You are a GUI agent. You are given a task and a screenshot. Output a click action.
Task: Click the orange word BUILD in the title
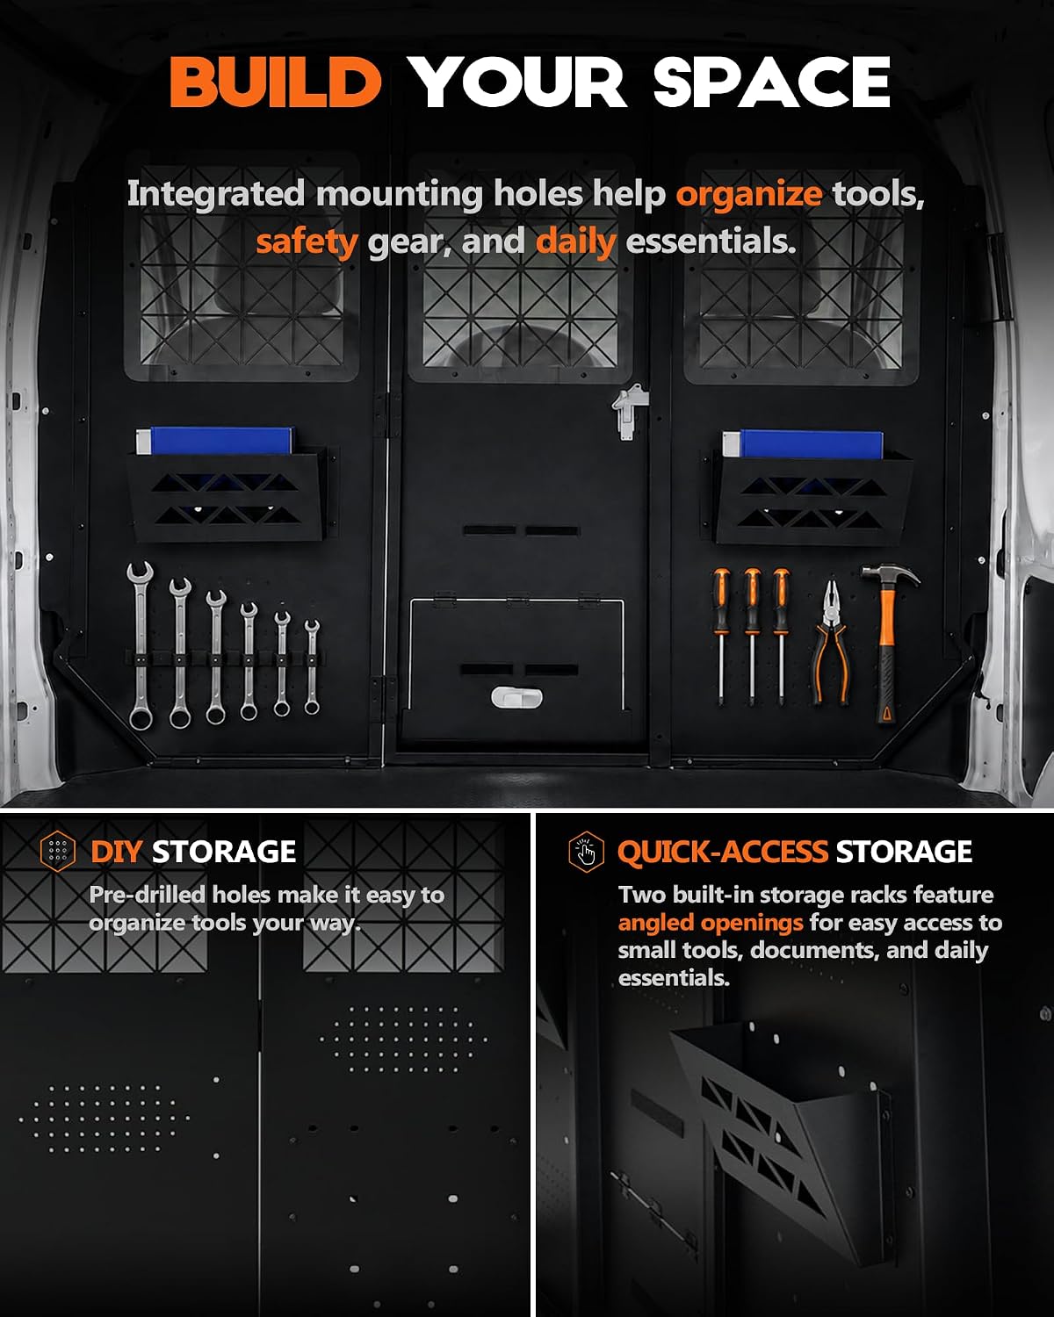click(x=276, y=82)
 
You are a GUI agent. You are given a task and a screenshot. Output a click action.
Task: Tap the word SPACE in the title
click(x=771, y=82)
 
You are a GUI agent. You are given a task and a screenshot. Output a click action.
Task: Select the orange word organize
click(x=749, y=195)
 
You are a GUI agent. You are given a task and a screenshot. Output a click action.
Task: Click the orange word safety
click(x=307, y=241)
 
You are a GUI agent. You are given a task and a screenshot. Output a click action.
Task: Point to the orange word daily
click(x=575, y=241)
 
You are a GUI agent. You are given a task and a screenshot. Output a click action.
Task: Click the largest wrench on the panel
click(x=141, y=645)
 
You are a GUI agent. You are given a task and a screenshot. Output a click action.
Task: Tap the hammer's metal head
click(x=890, y=575)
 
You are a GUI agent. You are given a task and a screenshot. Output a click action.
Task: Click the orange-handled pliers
click(x=830, y=643)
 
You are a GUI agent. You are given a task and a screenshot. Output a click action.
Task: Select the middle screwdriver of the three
click(x=752, y=637)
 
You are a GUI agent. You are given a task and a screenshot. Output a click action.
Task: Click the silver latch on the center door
click(x=630, y=411)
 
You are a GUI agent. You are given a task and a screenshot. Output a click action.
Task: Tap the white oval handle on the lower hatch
click(x=516, y=697)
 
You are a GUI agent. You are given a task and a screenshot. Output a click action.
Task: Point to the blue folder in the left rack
click(x=215, y=441)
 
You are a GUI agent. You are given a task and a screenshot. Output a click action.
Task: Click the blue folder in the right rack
click(x=803, y=443)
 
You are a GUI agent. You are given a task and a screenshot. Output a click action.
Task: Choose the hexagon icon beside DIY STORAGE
click(x=58, y=851)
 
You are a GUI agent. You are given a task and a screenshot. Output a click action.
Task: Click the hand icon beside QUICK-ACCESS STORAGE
click(x=586, y=852)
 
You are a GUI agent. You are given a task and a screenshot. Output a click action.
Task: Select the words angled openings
click(x=711, y=922)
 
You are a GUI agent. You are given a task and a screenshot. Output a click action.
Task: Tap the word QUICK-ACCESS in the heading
click(x=723, y=852)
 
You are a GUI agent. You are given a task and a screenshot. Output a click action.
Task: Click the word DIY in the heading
click(x=116, y=852)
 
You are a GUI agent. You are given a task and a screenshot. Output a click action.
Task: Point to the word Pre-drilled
click(x=147, y=895)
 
